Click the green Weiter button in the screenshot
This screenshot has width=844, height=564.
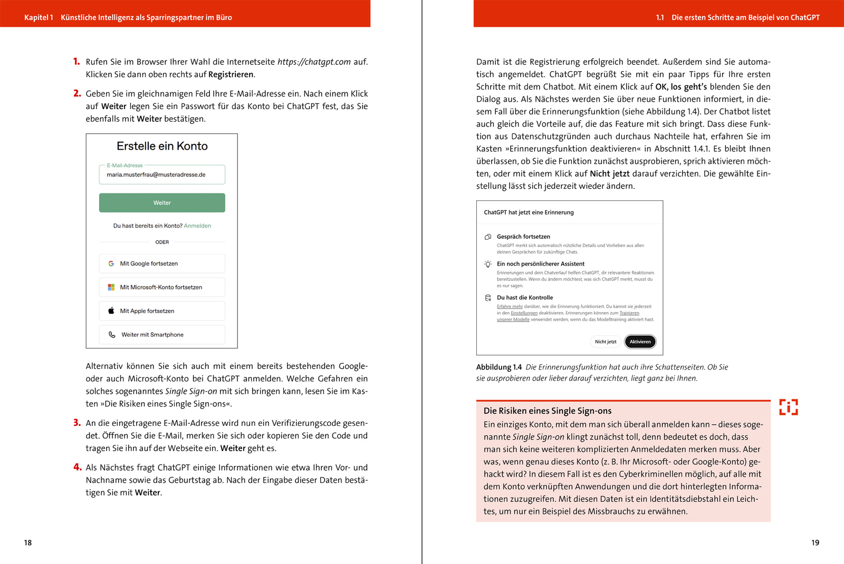click(x=162, y=203)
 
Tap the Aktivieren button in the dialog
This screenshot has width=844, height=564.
click(x=640, y=342)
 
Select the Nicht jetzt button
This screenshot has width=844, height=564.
click(x=606, y=342)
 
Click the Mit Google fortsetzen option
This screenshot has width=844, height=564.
click(x=162, y=264)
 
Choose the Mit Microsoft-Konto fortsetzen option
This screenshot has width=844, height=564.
click(x=162, y=287)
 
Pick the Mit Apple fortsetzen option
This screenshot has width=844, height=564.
click(x=162, y=311)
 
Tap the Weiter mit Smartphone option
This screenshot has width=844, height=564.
click(x=162, y=335)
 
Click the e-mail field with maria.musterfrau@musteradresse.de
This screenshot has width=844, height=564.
click(x=162, y=174)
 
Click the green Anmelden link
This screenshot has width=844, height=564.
click(x=197, y=226)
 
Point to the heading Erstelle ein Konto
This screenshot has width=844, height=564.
click(x=162, y=146)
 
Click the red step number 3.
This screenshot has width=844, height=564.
click(x=77, y=423)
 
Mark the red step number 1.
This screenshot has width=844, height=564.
click(x=76, y=62)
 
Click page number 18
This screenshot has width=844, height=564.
click(x=28, y=542)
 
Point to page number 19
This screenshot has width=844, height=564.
click(x=815, y=542)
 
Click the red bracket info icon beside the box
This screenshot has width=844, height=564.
click(x=789, y=407)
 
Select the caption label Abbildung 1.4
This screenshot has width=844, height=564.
click(x=498, y=367)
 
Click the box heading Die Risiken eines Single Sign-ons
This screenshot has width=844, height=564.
click(x=548, y=411)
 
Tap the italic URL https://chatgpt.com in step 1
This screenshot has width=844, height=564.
click(x=314, y=62)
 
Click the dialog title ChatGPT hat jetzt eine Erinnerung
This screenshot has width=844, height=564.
click(x=529, y=212)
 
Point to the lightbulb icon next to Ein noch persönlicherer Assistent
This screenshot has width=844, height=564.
click(x=488, y=264)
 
